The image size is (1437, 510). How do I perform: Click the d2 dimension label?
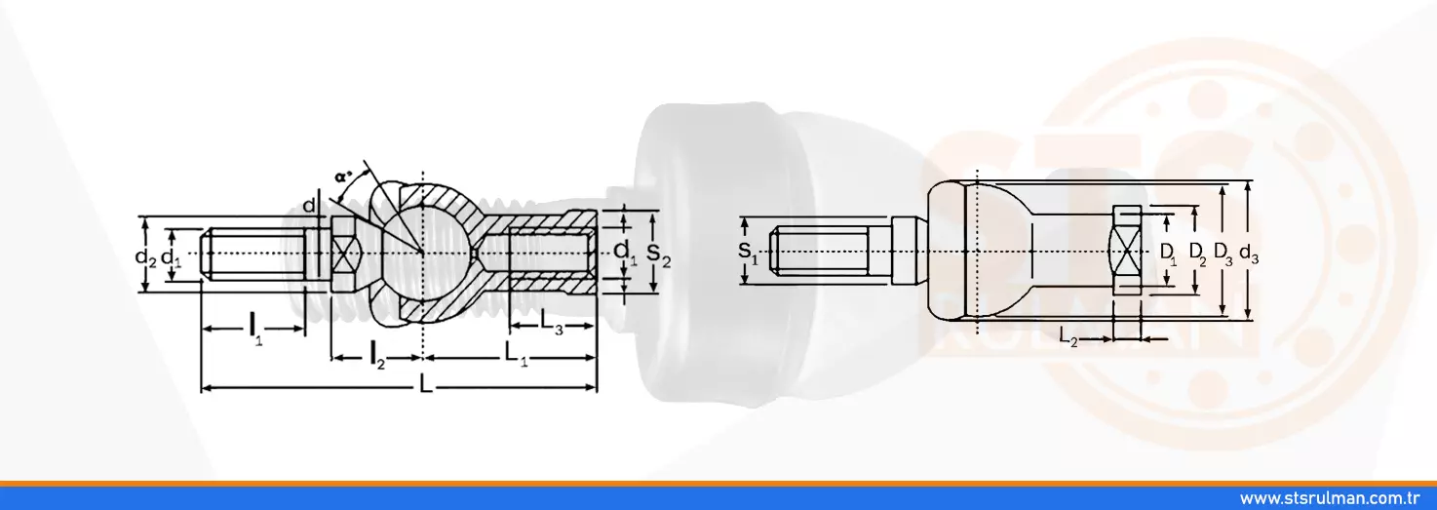pos(145,257)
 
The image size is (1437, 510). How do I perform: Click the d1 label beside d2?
pos(171,257)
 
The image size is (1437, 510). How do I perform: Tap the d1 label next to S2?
pos(625,252)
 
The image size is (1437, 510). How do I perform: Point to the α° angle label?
pos(344,176)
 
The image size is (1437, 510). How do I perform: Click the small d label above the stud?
pos(309,206)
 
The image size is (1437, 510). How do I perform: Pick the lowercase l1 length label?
pos(255,328)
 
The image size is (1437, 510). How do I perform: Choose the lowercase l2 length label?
pos(377,355)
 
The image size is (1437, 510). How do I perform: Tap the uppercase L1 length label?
pos(516,353)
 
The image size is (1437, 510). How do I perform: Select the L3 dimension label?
pos(552,321)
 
